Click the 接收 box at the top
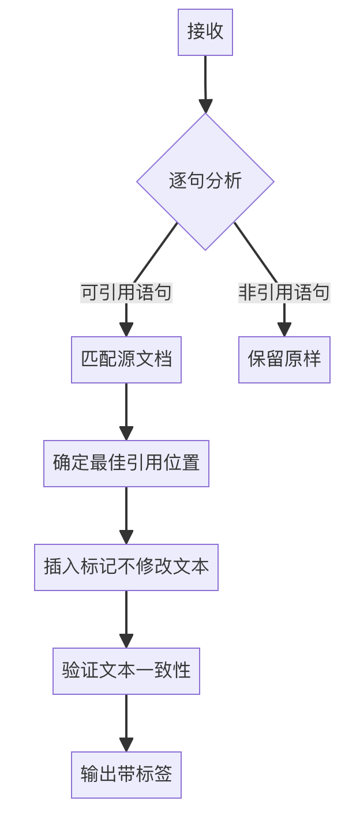pyautogui.click(x=205, y=32)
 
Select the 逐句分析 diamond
pyautogui.click(x=205, y=181)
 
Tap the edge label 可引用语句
pyautogui.click(x=126, y=293)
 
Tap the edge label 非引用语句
pyautogui.click(x=284, y=293)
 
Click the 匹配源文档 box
pyautogui.click(x=126, y=360)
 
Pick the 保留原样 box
pyautogui.click(x=284, y=360)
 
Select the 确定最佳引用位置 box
pyautogui.click(x=126, y=464)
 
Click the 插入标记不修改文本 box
pyautogui.click(x=126, y=567)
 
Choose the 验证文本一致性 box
pyautogui.click(x=126, y=671)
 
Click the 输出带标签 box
pyautogui.click(x=126, y=775)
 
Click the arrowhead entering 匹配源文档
pyautogui.click(x=126, y=330)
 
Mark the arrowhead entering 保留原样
pyautogui.click(x=284, y=330)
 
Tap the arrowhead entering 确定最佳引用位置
pyautogui.click(x=126, y=434)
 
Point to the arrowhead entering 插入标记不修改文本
pyautogui.click(x=126, y=537)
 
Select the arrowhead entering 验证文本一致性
pyautogui.click(x=126, y=641)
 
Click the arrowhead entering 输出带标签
pyautogui.click(x=126, y=745)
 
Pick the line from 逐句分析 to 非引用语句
pyautogui.click(x=256, y=253)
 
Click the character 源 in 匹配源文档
pyautogui.click(x=126, y=360)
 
